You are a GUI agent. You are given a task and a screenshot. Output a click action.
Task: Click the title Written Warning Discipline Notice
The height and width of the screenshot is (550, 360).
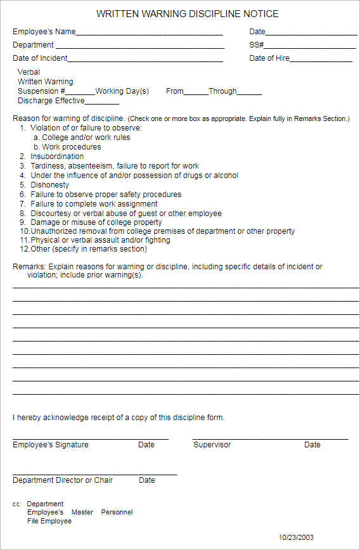[187, 14]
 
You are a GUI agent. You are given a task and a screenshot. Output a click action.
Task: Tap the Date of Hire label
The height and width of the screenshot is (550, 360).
[269, 58]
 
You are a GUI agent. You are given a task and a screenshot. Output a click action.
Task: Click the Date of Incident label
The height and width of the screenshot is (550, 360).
[40, 58]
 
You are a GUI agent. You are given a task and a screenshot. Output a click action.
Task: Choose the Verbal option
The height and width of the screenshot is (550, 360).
[29, 72]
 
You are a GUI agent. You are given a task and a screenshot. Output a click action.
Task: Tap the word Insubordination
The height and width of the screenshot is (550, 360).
[57, 157]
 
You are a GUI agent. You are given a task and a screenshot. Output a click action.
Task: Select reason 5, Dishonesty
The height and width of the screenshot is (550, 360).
[49, 185]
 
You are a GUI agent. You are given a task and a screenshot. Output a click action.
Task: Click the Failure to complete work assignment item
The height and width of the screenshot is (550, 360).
[94, 204]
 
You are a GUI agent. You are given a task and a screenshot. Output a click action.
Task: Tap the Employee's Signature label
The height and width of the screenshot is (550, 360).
[51, 445]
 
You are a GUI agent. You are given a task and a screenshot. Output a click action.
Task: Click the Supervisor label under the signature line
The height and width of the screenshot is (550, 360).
[212, 445]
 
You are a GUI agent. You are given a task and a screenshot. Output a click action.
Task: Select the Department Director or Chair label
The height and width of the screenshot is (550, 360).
[63, 480]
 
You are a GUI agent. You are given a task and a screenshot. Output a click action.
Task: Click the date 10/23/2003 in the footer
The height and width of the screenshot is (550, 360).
[297, 538]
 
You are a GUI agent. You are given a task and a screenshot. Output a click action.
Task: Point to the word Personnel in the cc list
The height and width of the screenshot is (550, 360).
[117, 512]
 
